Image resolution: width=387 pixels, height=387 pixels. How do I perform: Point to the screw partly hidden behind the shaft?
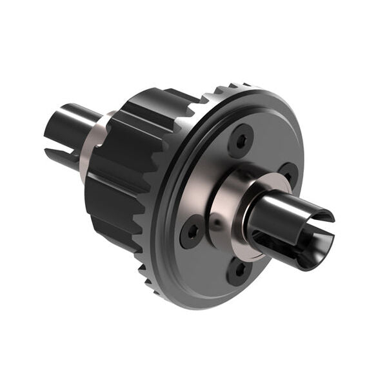(288, 174)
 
